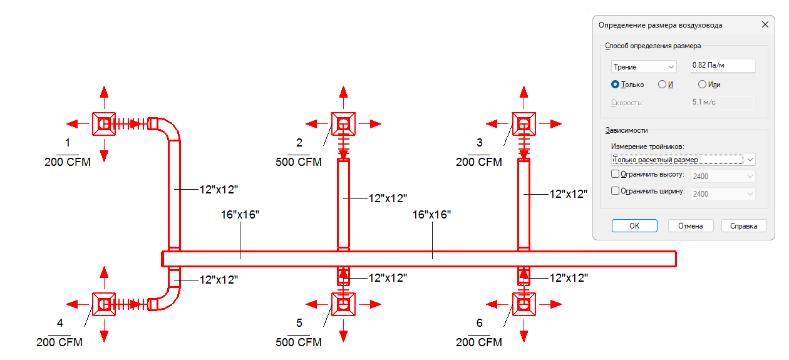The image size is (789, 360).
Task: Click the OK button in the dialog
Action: [634, 226]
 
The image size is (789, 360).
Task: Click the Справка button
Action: [744, 226]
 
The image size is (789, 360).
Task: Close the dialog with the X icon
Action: [765, 25]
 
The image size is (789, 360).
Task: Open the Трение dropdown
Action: [644, 66]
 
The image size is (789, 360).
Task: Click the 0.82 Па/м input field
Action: [723, 66]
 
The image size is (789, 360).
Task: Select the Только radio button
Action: [616, 85]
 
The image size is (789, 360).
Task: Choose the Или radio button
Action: [702, 85]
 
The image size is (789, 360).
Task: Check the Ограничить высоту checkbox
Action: [615, 175]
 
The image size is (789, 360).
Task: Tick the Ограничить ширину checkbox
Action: [615, 192]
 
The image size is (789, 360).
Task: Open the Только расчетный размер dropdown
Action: [683, 160]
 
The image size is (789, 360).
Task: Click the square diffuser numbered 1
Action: [104, 124]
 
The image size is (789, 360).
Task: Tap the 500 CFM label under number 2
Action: [299, 162]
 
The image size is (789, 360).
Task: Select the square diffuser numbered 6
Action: [523, 304]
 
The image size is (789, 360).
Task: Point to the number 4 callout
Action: [60, 323]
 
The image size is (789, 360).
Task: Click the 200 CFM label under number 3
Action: [479, 162]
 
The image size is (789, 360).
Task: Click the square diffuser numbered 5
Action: [343, 304]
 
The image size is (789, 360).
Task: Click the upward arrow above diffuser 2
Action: [343, 93]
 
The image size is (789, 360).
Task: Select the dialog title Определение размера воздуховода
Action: [660, 25]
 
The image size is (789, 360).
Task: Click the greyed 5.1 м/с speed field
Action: [723, 103]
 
